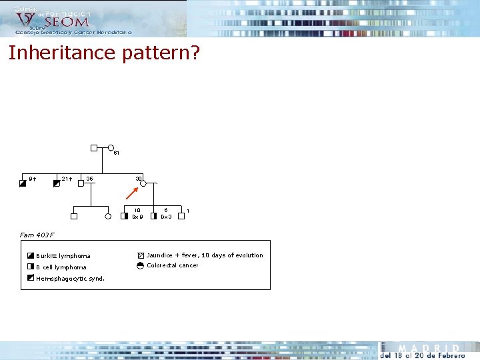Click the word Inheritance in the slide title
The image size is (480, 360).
63,53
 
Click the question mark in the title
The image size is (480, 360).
194,53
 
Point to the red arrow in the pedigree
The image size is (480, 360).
131,193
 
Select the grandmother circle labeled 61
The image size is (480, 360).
111,148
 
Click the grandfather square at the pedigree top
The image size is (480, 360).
94,148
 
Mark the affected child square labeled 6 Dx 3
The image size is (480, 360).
153,216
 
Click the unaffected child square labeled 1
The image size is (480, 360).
181,216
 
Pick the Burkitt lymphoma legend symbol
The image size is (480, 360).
31,255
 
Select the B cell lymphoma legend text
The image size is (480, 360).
61,267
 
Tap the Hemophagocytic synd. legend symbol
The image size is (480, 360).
31,277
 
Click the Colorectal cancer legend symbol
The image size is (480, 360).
140,265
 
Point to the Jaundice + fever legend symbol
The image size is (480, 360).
140,255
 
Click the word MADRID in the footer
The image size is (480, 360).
429,349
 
